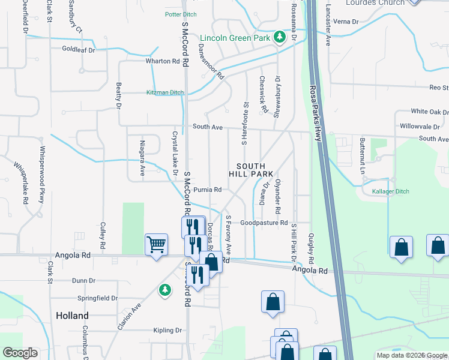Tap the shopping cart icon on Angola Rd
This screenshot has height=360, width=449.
[x=156, y=245]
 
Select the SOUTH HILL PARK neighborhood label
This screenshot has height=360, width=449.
[x=251, y=170]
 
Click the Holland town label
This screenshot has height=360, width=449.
[x=72, y=316]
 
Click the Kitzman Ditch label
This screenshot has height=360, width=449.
[x=165, y=92]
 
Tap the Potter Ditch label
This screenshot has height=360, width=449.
[x=181, y=14]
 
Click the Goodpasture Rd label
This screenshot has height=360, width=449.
[x=264, y=222]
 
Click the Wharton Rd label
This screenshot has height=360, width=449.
[x=163, y=61]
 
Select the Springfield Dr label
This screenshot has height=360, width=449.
[x=98, y=298]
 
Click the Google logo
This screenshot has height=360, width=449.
[x=20, y=353]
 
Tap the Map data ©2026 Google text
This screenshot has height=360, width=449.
[x=411, y=355]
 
